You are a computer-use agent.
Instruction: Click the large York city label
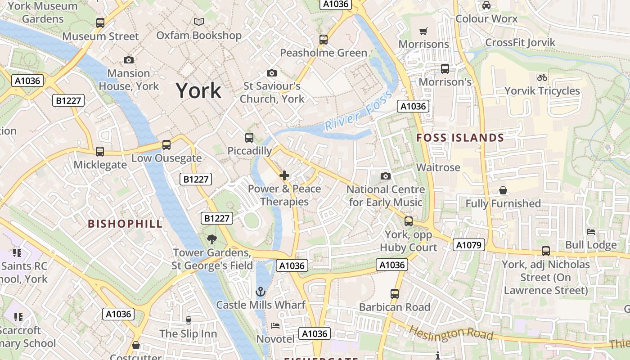(198, 90)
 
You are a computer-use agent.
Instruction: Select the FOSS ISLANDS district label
(460, 138)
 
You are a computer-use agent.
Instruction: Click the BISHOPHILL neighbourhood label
(125, 224)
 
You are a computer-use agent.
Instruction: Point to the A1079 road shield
(469, 245)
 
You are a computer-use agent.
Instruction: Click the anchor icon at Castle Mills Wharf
(260, 292)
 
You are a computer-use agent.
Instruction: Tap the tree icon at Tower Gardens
(211, 239)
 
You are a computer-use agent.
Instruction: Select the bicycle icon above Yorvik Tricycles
(542, 77)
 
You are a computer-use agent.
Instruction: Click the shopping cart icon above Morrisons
(423, 31)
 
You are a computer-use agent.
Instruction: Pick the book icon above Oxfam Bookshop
(199, 22)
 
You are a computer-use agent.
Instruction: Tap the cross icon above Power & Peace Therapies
(284, 175)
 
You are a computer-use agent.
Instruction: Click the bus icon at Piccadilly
(249, 138)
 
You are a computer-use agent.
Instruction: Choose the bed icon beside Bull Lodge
(591, 232)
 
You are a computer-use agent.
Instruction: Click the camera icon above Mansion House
(128, 60)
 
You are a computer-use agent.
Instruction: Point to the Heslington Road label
(451, 333)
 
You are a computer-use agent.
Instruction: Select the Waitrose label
(438, 167)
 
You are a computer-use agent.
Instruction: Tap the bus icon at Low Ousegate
(166, 145)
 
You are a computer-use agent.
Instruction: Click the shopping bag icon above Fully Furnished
(503, 191)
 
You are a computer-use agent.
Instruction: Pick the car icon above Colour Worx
(486, 5)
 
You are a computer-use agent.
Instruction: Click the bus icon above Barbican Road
(395, 294)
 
